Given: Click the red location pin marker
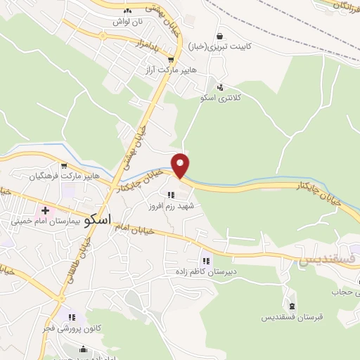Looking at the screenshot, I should pos(181,165).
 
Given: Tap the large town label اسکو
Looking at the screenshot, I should pos(96,219).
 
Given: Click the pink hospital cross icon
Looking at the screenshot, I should pos(46,210).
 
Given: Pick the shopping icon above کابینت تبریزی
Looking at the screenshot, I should pos(220,37).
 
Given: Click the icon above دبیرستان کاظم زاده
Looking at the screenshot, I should pos(205,259).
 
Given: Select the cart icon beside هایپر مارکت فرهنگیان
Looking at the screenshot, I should pos(65,166).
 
